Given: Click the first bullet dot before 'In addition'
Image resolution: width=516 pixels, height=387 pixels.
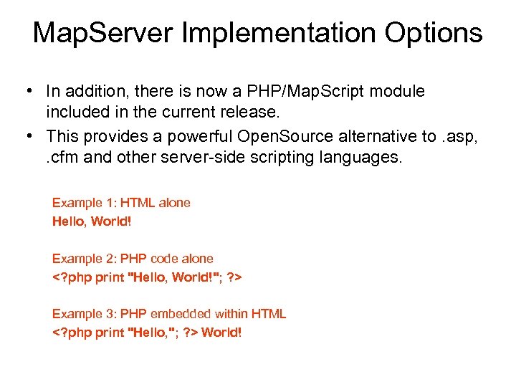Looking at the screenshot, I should [27, 91].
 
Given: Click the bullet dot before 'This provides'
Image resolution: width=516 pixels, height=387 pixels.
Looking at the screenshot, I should [27, 136].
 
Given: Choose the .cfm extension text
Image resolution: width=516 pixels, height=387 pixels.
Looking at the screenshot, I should [62, 157].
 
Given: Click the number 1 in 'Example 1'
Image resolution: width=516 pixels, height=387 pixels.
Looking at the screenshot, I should [107, 203].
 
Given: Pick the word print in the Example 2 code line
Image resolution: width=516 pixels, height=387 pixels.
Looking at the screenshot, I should [110, 277].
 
